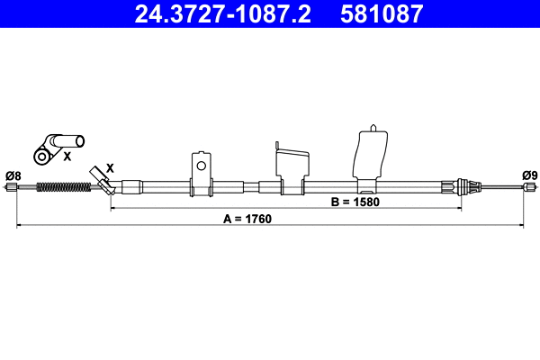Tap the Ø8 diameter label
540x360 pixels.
[x=13, y=175]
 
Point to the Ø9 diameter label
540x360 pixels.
[x=529, y=175]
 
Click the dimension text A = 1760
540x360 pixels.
[x=247, y=219]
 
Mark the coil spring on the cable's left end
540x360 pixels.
[x=62, y=188]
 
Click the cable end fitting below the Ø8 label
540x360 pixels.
[x=12, y=188]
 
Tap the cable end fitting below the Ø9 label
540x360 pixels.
[x=530, y=188]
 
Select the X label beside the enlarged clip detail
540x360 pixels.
[x=67, y=156]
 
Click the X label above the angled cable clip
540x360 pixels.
[x=110, y=167]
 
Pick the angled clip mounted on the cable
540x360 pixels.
[x=102, y=181]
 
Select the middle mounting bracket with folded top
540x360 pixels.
[x=289, y=166]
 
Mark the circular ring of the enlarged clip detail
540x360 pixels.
[x=40, y=157]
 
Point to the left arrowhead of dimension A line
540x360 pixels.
[x=20, y=225]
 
